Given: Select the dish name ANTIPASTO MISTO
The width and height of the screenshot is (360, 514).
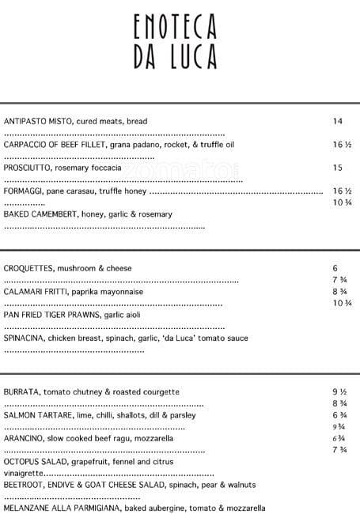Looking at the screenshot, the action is (37, 121).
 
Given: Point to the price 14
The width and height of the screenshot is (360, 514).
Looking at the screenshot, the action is (337, 121).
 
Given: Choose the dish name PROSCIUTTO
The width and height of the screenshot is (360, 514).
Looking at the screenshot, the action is (26, 168).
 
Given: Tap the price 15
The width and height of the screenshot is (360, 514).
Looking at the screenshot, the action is (337, 168).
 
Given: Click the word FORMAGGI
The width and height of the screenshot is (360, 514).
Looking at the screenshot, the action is (23, 191).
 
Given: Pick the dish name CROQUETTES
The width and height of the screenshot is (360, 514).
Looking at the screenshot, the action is (28, 268).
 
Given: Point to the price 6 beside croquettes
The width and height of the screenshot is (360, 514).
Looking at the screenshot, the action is (335, 268).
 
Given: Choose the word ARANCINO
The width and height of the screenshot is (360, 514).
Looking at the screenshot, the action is (25, 438).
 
